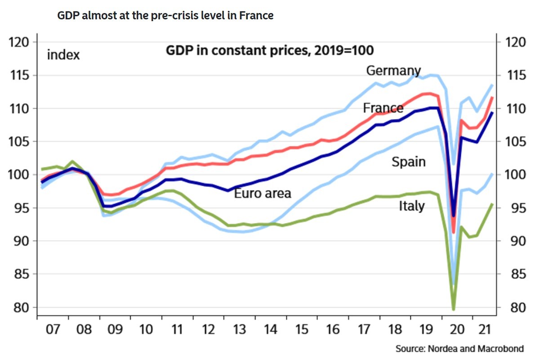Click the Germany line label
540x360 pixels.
point(393,71)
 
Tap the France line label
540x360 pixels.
point(383,108)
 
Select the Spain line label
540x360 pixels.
point(408,162)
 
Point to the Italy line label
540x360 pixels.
point(411,206)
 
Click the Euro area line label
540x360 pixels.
point(263,193)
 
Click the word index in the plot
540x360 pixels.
point(63,55)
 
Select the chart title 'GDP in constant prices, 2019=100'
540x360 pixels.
point(270,50)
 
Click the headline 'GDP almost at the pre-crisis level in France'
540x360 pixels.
point(165,16)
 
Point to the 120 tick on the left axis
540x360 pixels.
point(20,42)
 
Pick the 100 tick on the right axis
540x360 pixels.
point(515,175)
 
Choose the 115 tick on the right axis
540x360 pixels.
point(515,76)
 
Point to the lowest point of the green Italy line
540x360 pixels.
point(453,309)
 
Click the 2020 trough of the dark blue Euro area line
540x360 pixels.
point(453,216)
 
